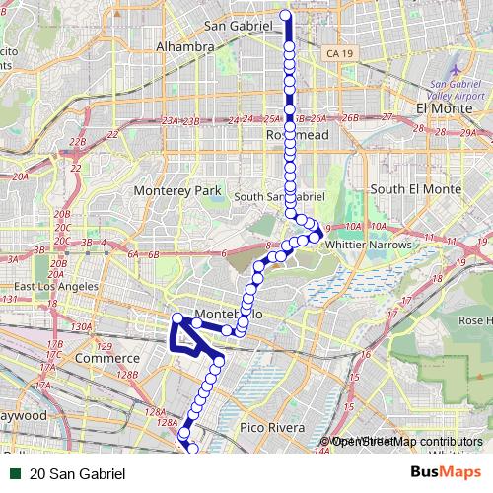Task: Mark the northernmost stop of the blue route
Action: tap(288, 15)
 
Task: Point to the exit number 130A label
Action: tap(81, 326)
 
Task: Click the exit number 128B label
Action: tap(126, 375)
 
